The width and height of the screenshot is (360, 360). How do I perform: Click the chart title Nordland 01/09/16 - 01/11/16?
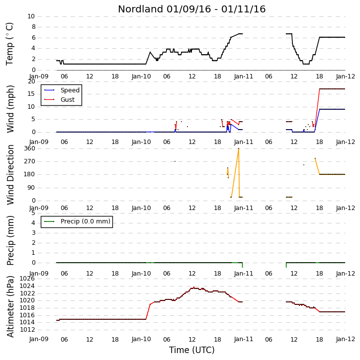[192, 9]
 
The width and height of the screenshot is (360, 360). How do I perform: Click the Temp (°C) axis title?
[9, 44]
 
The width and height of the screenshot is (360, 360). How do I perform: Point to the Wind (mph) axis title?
[10, 109]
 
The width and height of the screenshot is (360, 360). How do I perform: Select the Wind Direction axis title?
[10, 175]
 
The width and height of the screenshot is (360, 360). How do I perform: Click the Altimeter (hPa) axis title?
[10, 306]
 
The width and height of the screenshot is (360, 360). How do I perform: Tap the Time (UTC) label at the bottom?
[192, 350]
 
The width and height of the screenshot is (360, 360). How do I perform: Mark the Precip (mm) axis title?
[10, 241]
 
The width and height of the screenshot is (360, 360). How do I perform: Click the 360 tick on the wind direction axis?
[30, 148]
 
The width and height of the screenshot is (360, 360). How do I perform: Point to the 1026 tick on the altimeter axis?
[27, 279]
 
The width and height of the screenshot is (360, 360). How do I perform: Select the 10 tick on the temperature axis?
[31, 16]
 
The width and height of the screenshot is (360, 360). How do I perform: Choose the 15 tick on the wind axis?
[31, 94]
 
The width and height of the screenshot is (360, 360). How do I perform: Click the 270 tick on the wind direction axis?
[30, 161]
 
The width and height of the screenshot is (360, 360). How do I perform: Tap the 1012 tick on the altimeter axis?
[27, 330]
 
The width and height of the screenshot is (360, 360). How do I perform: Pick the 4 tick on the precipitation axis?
[33, 223]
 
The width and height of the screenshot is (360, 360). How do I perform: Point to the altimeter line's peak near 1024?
[194, 287]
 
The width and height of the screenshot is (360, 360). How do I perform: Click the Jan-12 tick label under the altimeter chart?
[346, 339]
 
